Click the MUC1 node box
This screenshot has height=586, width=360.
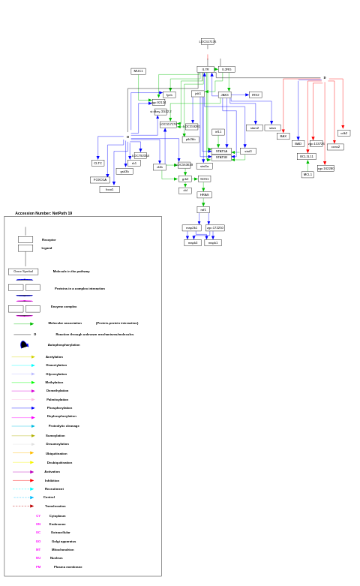coord(138,71)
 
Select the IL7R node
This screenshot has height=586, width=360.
coord(205,69)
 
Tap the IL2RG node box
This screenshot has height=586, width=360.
coord(226,69)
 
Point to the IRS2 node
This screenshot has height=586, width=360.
coord(255,95)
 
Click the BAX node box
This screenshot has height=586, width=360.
coord(283,137)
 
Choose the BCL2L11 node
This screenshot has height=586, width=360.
coord(306,157)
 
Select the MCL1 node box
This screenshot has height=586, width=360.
coord(307,174)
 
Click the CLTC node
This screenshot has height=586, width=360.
coord(97,163)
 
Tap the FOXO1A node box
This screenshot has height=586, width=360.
coord(100,180)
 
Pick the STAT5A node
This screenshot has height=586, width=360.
coord(221,151)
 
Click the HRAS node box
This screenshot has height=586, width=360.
coord(204,194)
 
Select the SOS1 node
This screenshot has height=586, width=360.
coord(204,179)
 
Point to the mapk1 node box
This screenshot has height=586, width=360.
coord(213,242)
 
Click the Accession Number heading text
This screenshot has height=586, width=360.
coord(43,213)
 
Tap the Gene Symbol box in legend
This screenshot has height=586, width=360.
coord(23,272)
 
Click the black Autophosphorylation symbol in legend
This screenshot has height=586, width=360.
coord(24,344)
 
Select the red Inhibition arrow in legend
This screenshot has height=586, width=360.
coord(22,480)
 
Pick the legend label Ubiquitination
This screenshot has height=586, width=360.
coord(56,453)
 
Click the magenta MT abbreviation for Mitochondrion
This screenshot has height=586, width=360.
coord(38,549)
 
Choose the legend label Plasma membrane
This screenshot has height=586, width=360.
coord(67,566)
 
